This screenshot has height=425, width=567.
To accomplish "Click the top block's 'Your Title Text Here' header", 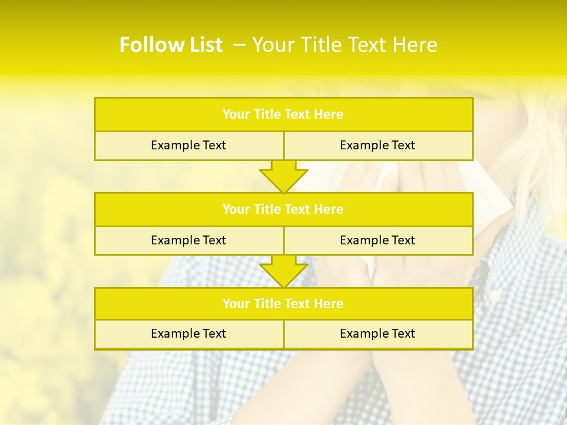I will (x=283, y=115).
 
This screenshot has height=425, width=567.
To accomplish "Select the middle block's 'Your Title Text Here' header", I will (x=283, y=209).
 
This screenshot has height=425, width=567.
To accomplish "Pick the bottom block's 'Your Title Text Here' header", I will (x=283, y=303).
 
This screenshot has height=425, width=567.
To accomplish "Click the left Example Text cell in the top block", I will (x=188, y=145).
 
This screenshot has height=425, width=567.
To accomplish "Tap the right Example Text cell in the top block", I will (x=377, y=145).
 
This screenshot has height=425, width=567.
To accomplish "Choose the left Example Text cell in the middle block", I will (x=188, y=240).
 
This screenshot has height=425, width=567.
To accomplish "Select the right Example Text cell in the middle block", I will (x=377, y=240).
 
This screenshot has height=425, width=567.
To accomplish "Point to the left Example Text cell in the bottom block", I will (x=188, y=334).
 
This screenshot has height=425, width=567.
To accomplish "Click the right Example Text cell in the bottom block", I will (x=377, y=334).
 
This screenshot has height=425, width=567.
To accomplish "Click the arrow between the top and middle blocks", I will (x=283, y=176).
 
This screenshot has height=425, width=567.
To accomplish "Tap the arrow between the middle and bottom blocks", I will (x=283, y=271).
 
